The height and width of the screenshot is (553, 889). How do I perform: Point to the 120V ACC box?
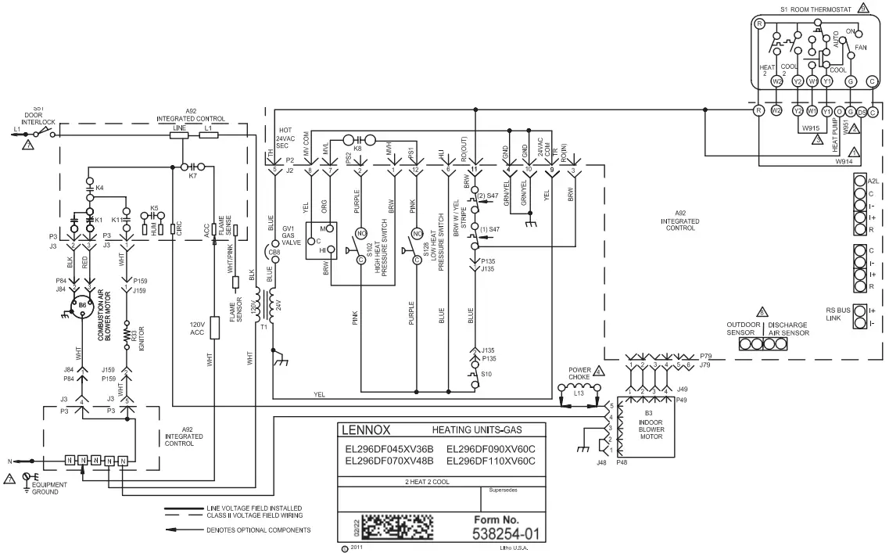[214, 327]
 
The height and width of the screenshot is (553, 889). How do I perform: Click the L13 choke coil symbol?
[579, 387]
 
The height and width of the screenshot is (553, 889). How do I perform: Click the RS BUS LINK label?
[837, 315]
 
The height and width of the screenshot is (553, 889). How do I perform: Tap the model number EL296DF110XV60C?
[490, 461]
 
